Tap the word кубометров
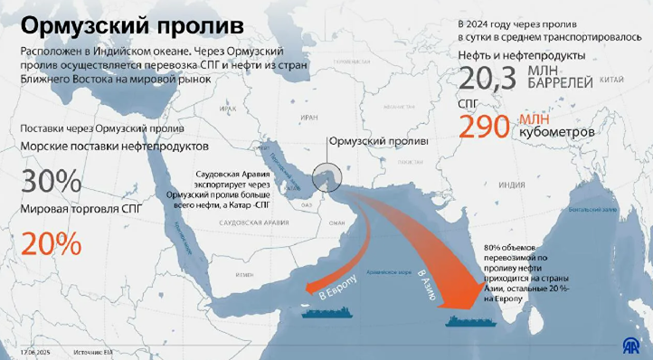coord(556,133)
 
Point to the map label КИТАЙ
coord(612,81)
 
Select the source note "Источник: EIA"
coord(95,349)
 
